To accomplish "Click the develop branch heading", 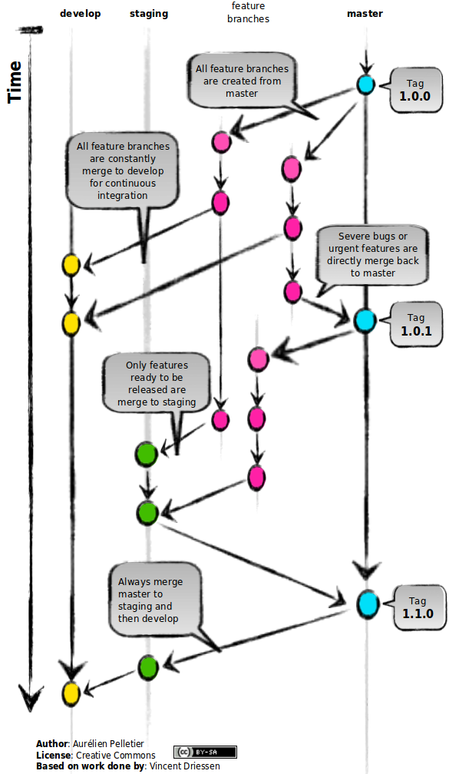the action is click(80, 14).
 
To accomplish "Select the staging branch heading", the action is click(149, 14).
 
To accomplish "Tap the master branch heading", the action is click(365, 14).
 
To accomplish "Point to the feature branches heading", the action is click(248, 12).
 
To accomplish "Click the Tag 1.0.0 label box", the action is click(415, 90).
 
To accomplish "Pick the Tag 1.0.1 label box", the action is click(415, 324).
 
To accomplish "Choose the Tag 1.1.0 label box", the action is click(418, 607).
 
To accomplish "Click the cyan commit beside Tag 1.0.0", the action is click(365, 85).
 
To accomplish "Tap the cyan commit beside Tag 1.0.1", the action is click(365, 321).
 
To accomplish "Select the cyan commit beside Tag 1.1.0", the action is click(368, 604).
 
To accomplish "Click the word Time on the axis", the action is click(15, 82).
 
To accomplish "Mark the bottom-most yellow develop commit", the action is click(71, 693).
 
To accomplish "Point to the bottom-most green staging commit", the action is click(147, 668).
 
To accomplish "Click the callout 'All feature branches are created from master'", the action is click(242, 81).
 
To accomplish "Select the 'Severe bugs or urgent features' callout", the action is click(372, 255).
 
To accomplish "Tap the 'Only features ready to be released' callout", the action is click(157, 384).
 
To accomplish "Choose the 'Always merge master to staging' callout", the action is click(155, 600).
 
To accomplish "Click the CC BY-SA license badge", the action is click(205, 752).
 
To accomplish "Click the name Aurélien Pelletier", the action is click(108, 743).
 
